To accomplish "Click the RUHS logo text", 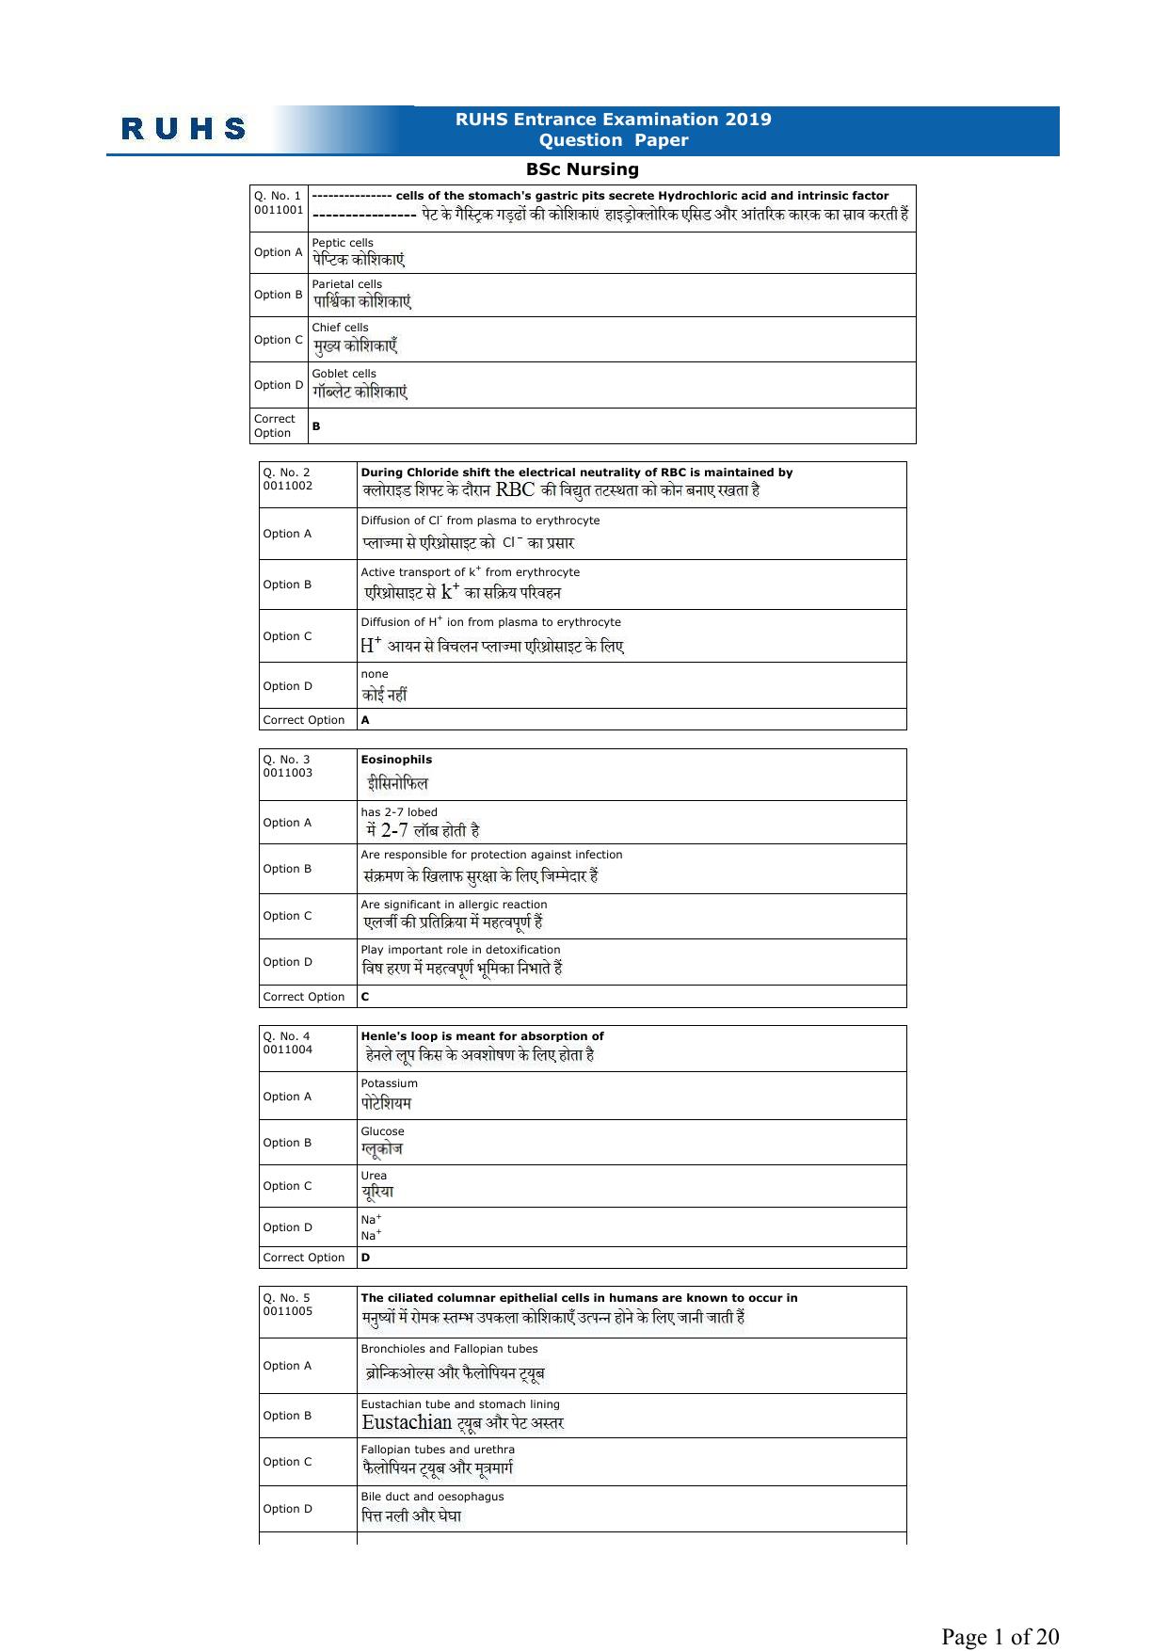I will [x=184, y=129].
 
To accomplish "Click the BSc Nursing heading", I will [x=582, y=169].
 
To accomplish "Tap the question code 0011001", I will [x=279, y=210].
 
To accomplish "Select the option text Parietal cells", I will [x=346, y=284].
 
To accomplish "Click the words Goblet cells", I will [x=344, y=374].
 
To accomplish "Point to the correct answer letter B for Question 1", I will [x=316, y=426].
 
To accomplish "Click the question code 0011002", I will [x=288, y=486].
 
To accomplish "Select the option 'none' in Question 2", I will [x=374, y=674].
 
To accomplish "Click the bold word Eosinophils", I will [x=396, y=760].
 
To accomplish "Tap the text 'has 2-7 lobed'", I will [x=399, y=812].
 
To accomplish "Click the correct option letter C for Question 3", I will [x=365, y=997].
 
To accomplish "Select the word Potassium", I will [x=389, y=1083].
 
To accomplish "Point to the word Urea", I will [x=374, y=1176].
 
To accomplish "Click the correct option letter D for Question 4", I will [x=365, y=1258].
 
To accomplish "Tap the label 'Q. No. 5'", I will [x=286, y=1298].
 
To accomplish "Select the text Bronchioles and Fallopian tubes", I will [x=449, y=1349].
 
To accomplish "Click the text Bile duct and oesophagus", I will [x=432, y=1497].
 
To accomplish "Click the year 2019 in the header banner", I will [x=748, y=120].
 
